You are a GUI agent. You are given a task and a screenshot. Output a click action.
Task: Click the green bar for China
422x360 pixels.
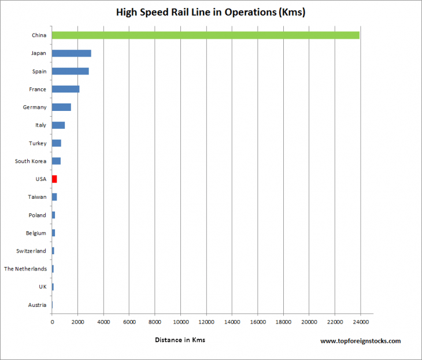tap(205, 35)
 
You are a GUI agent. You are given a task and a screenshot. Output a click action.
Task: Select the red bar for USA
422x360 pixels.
tap(54, 179)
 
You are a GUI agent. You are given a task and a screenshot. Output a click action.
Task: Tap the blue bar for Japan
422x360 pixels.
tap(71, 53)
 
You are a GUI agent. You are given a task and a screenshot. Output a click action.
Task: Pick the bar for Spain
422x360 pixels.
tap(70, 71)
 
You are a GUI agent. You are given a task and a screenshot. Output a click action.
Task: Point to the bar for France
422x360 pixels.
tap(65, 89)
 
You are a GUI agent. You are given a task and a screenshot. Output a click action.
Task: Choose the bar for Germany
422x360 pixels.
tap(61, 107)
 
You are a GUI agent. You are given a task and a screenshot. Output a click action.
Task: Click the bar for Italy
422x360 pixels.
tap(58, 125)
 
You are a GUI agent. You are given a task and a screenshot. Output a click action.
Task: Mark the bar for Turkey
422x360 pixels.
tap(56, 143)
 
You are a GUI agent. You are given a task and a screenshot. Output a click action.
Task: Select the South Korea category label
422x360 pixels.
tap(31, 161)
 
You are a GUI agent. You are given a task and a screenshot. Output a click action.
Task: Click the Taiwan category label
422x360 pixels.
tap(37, 197)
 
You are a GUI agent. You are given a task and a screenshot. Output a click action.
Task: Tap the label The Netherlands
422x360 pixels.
tap(25, 269)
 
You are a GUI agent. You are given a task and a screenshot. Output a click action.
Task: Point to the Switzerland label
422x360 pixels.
tap(31, 251)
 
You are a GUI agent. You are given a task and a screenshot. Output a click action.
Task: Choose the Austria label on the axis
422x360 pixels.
tap(37, 305)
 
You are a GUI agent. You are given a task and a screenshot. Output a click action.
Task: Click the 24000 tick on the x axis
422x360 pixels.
tap(360, 322)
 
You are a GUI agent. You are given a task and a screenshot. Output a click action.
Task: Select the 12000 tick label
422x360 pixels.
tap(206, 322)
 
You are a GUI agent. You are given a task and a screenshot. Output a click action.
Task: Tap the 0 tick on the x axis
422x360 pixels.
tap(52, 322)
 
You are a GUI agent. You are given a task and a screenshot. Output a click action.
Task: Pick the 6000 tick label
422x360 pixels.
tap(129, 322)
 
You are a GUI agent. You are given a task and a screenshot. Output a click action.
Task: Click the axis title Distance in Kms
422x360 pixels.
tap(180, 340)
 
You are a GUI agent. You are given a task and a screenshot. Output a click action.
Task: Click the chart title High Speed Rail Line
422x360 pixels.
tap(210, 12)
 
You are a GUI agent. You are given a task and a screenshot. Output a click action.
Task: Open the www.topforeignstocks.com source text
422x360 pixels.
tap(360, 342)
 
